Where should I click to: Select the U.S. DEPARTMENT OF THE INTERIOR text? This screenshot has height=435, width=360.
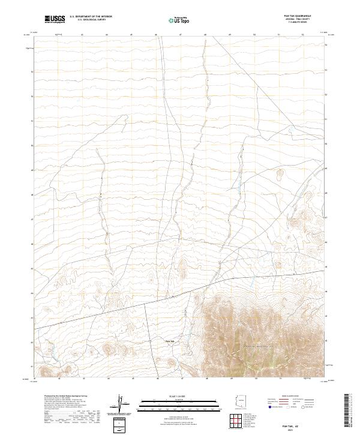(x=91, y=17)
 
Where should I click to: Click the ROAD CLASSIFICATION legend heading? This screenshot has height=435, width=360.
(x=290, y=396)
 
